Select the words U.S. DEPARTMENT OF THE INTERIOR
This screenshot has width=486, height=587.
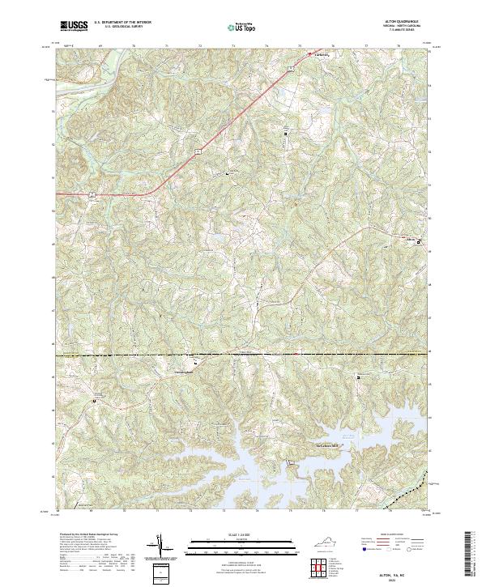point(122,23)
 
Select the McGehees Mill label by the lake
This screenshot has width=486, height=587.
point(326,444)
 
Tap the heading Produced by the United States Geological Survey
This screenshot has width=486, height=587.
point(88,536)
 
